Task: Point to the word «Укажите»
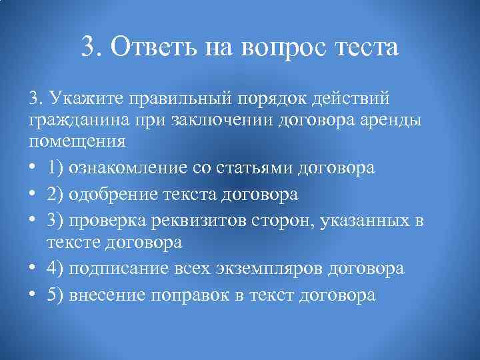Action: [84, 98]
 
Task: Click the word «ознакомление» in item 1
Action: [129, 168]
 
